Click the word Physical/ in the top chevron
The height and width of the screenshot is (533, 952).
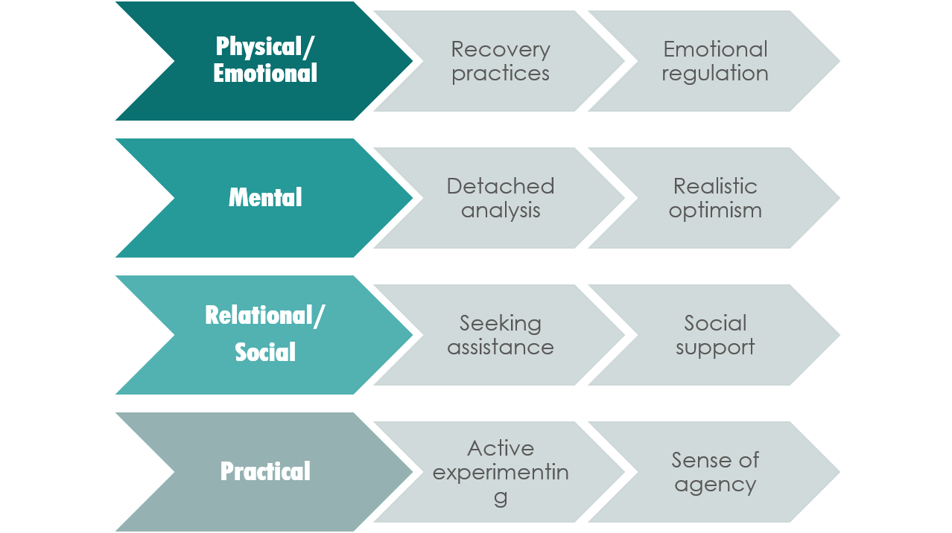(265, 47)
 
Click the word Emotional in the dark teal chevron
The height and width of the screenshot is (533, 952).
(265, 74)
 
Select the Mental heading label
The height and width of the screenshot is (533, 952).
(265, 198)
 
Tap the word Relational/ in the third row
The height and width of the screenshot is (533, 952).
(265, 316)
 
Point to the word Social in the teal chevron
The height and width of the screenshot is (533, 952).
(265, 352)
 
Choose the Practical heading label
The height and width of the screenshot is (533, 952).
(265, 471)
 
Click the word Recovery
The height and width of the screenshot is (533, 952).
(501, 49)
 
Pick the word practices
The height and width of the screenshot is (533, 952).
(501, 74)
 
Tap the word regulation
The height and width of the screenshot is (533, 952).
(715, 74)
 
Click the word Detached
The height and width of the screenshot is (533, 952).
(501, 186)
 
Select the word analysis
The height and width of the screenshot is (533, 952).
(501, 211)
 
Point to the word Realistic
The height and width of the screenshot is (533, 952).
(715, 186)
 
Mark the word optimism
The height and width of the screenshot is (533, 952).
(715, 211)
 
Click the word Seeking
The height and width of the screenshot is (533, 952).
(501, 323)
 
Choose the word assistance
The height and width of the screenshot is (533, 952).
(501, 348)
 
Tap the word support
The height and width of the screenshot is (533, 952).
(715, 348)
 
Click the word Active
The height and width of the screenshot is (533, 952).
(501, 448)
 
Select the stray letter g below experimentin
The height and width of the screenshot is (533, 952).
(501, 497)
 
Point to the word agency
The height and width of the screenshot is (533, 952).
(715, 485)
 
